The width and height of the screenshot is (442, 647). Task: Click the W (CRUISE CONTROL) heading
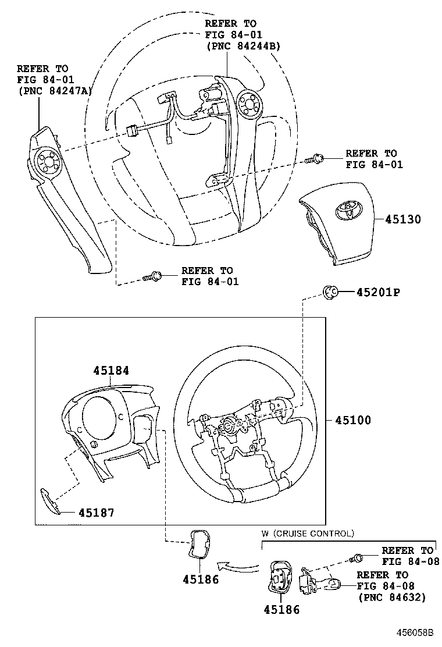[308, 533]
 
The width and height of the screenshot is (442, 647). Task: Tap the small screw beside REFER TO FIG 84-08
[357, 559]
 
